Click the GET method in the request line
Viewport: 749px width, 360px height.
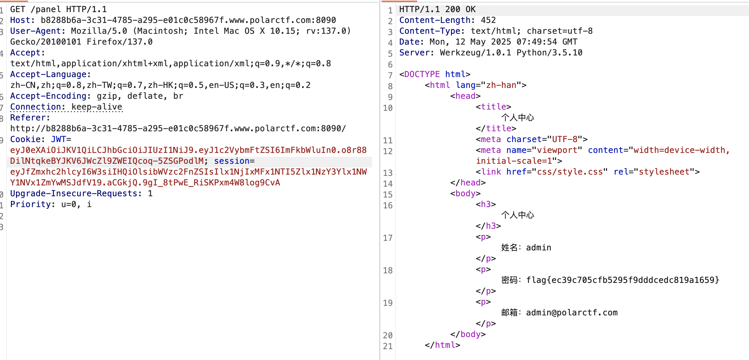18,9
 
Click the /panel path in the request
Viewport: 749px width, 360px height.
46,9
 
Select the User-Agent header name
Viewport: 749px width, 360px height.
35,31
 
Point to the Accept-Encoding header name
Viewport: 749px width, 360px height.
48,96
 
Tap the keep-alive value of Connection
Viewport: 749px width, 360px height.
97,107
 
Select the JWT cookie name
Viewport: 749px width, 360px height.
58,139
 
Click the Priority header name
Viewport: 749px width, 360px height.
30,204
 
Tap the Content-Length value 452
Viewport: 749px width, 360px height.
488,20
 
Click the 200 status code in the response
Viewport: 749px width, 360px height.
453,9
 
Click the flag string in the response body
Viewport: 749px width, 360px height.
623,280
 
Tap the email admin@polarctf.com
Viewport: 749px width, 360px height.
572,313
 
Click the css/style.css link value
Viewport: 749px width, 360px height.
570,172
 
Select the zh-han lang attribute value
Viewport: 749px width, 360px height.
501,85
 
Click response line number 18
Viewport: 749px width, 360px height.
388,270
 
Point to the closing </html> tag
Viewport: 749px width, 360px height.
442,345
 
